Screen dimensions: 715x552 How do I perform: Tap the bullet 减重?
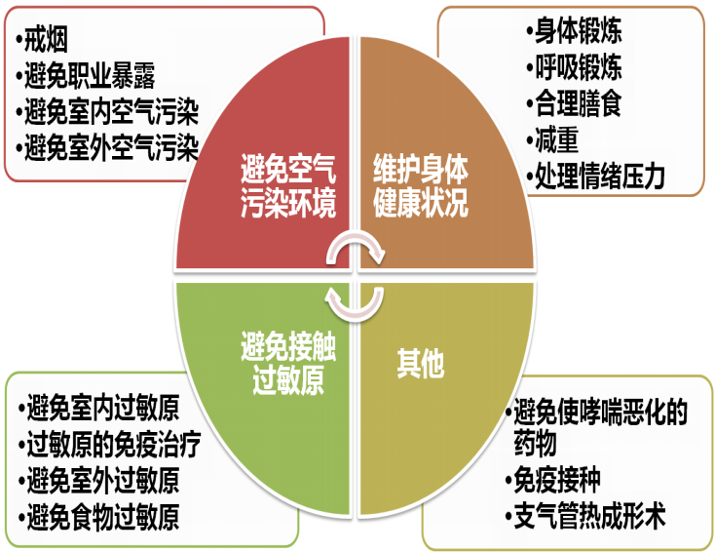(556, 139)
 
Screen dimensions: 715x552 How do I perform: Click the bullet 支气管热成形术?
(591, 516)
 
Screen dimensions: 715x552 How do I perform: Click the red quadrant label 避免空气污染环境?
(288, 188)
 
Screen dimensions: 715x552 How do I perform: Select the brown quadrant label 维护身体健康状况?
(420, 188)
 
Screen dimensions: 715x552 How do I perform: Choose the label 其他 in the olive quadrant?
(420, 364)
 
